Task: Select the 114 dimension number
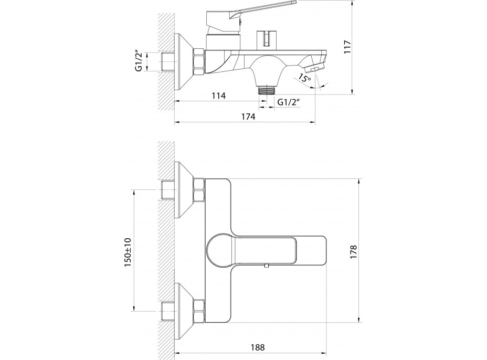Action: coord(218,96)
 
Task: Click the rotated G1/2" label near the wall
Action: coord(139,61)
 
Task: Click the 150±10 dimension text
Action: coord(128,251)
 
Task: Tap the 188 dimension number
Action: coord(257,347)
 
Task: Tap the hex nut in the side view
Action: coord(199,61)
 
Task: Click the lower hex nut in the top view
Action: coord(199,311)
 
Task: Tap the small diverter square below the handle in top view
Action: coord(267,267)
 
